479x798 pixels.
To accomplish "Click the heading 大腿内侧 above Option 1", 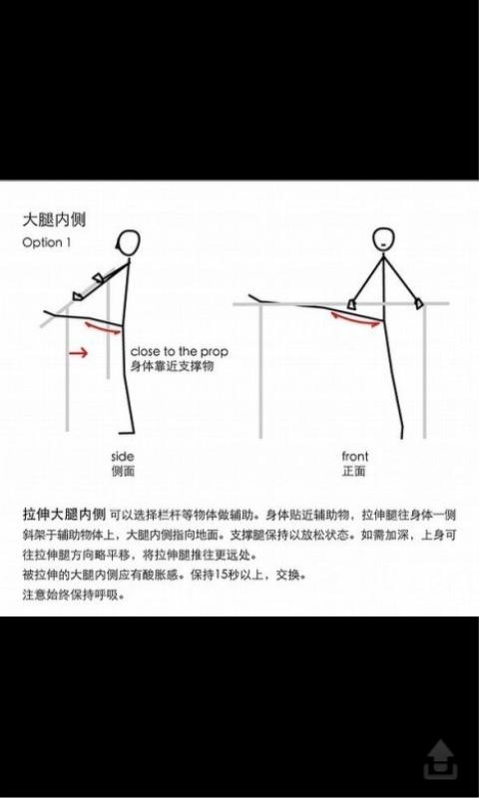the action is [x=55, y=219].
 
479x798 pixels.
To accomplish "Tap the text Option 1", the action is [x=46, y=242].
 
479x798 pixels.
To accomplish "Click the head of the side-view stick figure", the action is [x=130, y=242].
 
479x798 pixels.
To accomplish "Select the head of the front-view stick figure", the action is [x=383, y=238].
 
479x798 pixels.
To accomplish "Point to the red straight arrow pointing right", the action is [x=79, y=352].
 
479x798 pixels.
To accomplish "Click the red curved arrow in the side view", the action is [x=104, y=328].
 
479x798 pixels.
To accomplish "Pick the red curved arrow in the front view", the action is [x=355, y=320].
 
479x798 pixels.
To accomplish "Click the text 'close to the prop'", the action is [x=180, y=352].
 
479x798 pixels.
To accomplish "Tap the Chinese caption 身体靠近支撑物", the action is [x=172, y=366].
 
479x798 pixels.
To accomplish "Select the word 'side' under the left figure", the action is [x=123, y=457].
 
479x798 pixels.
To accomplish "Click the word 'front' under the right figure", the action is [x=355, y=456].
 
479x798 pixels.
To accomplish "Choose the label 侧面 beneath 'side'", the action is [x=123, y=471].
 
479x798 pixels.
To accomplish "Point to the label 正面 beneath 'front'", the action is [x=354, y=471].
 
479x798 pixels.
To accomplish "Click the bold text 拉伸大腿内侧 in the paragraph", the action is [x=64, y=515].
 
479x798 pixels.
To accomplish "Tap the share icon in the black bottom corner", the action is [x=441, y=759].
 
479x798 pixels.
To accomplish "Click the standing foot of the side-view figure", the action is [x=128, y=432].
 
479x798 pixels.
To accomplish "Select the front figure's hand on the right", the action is [x=419, y=303].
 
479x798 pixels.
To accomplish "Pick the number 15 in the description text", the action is [x=221, y=576].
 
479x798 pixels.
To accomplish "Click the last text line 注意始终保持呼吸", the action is [x=73, y=595].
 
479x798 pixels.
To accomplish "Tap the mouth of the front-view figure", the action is [x=383, y=244].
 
